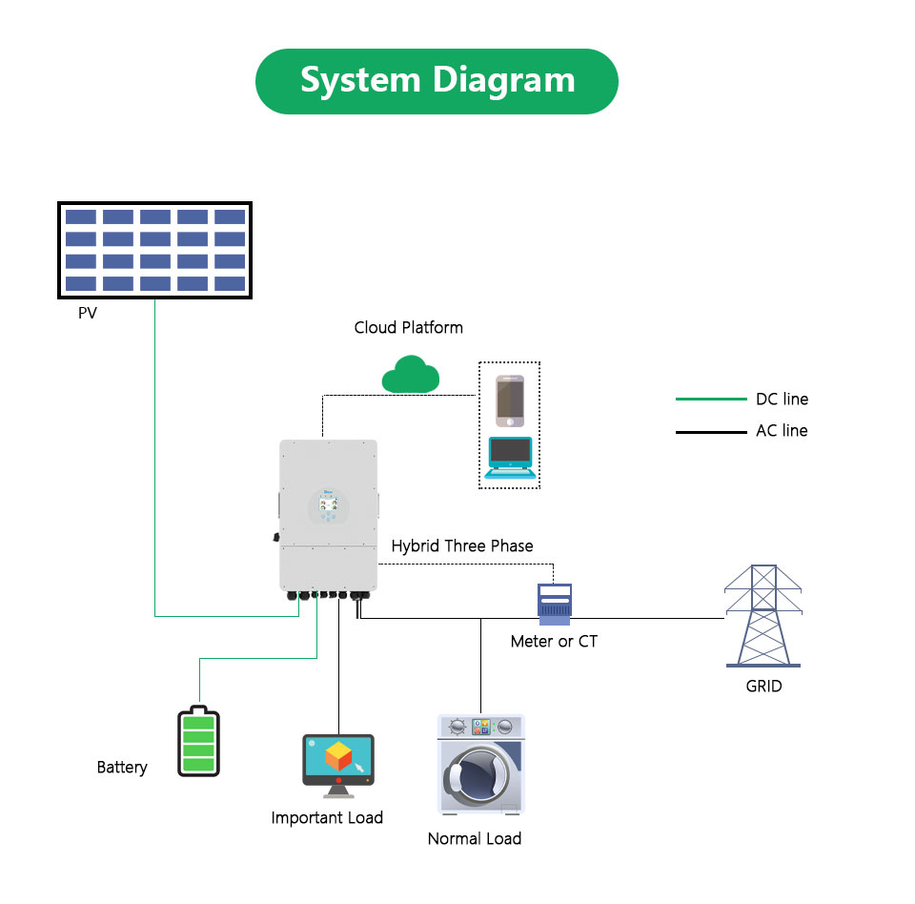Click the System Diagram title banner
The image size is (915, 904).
[x=437, y=81]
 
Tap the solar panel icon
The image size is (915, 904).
[x=154, y=249]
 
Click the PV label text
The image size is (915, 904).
[x=88, y=313]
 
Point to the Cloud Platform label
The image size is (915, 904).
[x=408, y=327]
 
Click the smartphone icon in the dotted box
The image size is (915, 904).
[x=510, y=401]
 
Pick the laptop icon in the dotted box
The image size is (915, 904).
[x=510, y=457]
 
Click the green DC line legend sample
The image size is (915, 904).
[x=711, y=400]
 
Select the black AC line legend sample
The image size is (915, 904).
[x=711, y=432]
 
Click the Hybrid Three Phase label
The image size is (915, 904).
[x=462, y=546]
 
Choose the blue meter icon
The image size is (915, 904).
[x=554, y=604]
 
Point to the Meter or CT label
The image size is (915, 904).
[x=554, y=642]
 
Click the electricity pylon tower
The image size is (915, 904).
[x=762, y=615]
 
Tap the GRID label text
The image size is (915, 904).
[x=763, y=686]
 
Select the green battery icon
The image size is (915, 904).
[x=198, y=741]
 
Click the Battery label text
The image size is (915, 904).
[x=122, y=767]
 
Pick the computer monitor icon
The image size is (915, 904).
[x=337, y=763]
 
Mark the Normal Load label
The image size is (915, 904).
[x=475, y=839]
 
